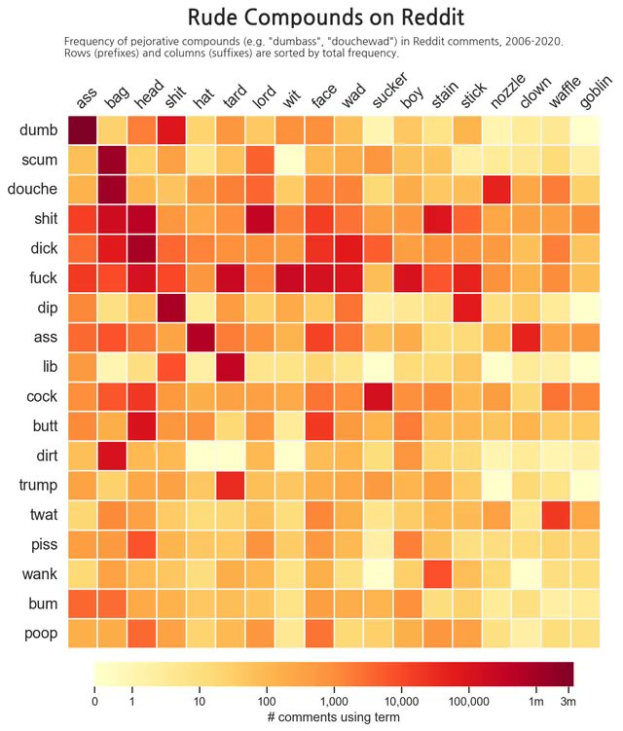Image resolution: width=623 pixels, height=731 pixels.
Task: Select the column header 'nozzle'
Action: pos(508,97)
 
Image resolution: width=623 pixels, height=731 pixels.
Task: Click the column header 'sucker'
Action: pos(389,98)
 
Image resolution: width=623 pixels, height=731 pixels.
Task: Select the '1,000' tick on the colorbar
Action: pos(333,701)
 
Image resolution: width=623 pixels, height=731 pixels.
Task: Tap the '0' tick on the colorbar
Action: pos(94,701)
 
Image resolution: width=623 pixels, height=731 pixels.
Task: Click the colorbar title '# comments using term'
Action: pos(333,717)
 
